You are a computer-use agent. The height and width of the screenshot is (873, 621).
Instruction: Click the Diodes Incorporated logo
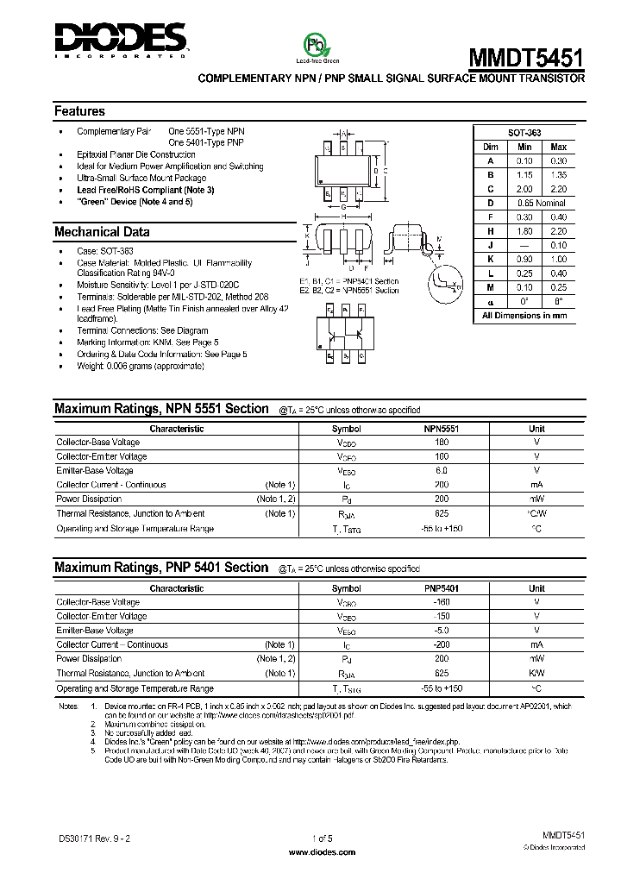point(120,39)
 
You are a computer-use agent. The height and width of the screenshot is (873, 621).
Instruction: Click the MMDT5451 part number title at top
point(525,57)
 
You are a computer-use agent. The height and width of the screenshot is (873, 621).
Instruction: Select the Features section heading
point(79,111)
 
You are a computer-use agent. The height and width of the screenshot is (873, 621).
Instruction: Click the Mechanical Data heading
point(102,231)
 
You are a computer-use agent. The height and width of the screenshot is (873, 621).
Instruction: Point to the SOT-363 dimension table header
point(524,134)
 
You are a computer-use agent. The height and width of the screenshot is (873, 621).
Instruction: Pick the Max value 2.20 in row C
point(558,189)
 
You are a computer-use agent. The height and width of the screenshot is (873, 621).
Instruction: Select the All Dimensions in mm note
point(524,316)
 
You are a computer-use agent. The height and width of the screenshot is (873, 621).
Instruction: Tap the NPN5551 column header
point(441,429)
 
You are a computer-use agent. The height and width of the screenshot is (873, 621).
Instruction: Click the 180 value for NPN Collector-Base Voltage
point(441,443)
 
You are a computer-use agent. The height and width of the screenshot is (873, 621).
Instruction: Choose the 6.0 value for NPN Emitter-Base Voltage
point(441,471)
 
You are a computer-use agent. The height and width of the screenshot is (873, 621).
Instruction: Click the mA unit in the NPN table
point(536,485)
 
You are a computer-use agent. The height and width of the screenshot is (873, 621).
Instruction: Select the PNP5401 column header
point(441,588)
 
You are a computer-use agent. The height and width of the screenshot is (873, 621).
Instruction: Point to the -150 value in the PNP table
point(441,617)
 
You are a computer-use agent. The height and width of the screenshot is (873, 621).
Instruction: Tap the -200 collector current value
point(441,645)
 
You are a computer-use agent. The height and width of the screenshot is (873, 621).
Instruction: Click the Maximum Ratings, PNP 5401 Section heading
point(161,568)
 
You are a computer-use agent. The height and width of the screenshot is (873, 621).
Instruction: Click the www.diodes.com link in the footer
point(320,851)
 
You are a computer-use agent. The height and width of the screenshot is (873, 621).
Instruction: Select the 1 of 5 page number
point(320,838)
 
